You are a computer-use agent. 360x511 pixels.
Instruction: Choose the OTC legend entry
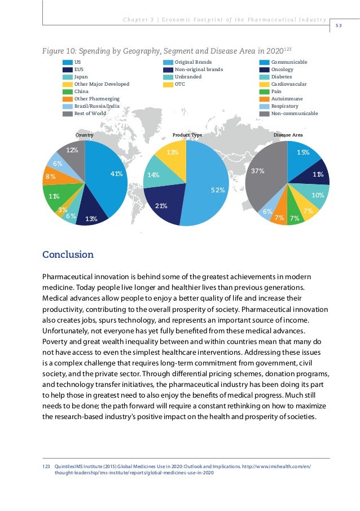180,84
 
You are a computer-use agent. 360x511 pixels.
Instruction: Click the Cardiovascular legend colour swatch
264,84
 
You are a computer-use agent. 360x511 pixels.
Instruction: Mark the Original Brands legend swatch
168,61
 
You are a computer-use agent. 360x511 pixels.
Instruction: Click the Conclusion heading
68,254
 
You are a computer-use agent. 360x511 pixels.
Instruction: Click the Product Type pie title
187,135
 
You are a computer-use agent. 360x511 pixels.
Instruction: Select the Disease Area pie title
288,135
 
